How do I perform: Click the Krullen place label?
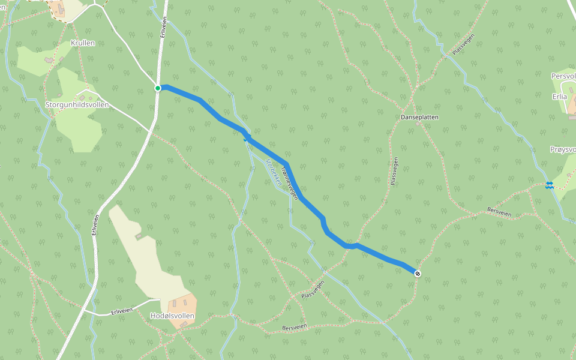[83, 43]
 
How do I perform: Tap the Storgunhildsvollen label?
[77, 104]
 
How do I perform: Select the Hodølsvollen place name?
[172, 315]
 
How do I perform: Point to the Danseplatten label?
[419, 118]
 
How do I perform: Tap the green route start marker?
[158, 88]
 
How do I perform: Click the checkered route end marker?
[418, 274]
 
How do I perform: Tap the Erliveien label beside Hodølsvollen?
[122, 311]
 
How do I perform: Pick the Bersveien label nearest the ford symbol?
[499, 213]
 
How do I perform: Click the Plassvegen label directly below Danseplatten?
[394, 171]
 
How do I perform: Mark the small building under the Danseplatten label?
[418, 124]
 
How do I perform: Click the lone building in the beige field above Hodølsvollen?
[139, 236]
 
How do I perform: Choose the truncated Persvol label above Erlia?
[563, 76]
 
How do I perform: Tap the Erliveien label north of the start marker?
[163, 26]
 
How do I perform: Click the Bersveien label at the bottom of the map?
[294, 328]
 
